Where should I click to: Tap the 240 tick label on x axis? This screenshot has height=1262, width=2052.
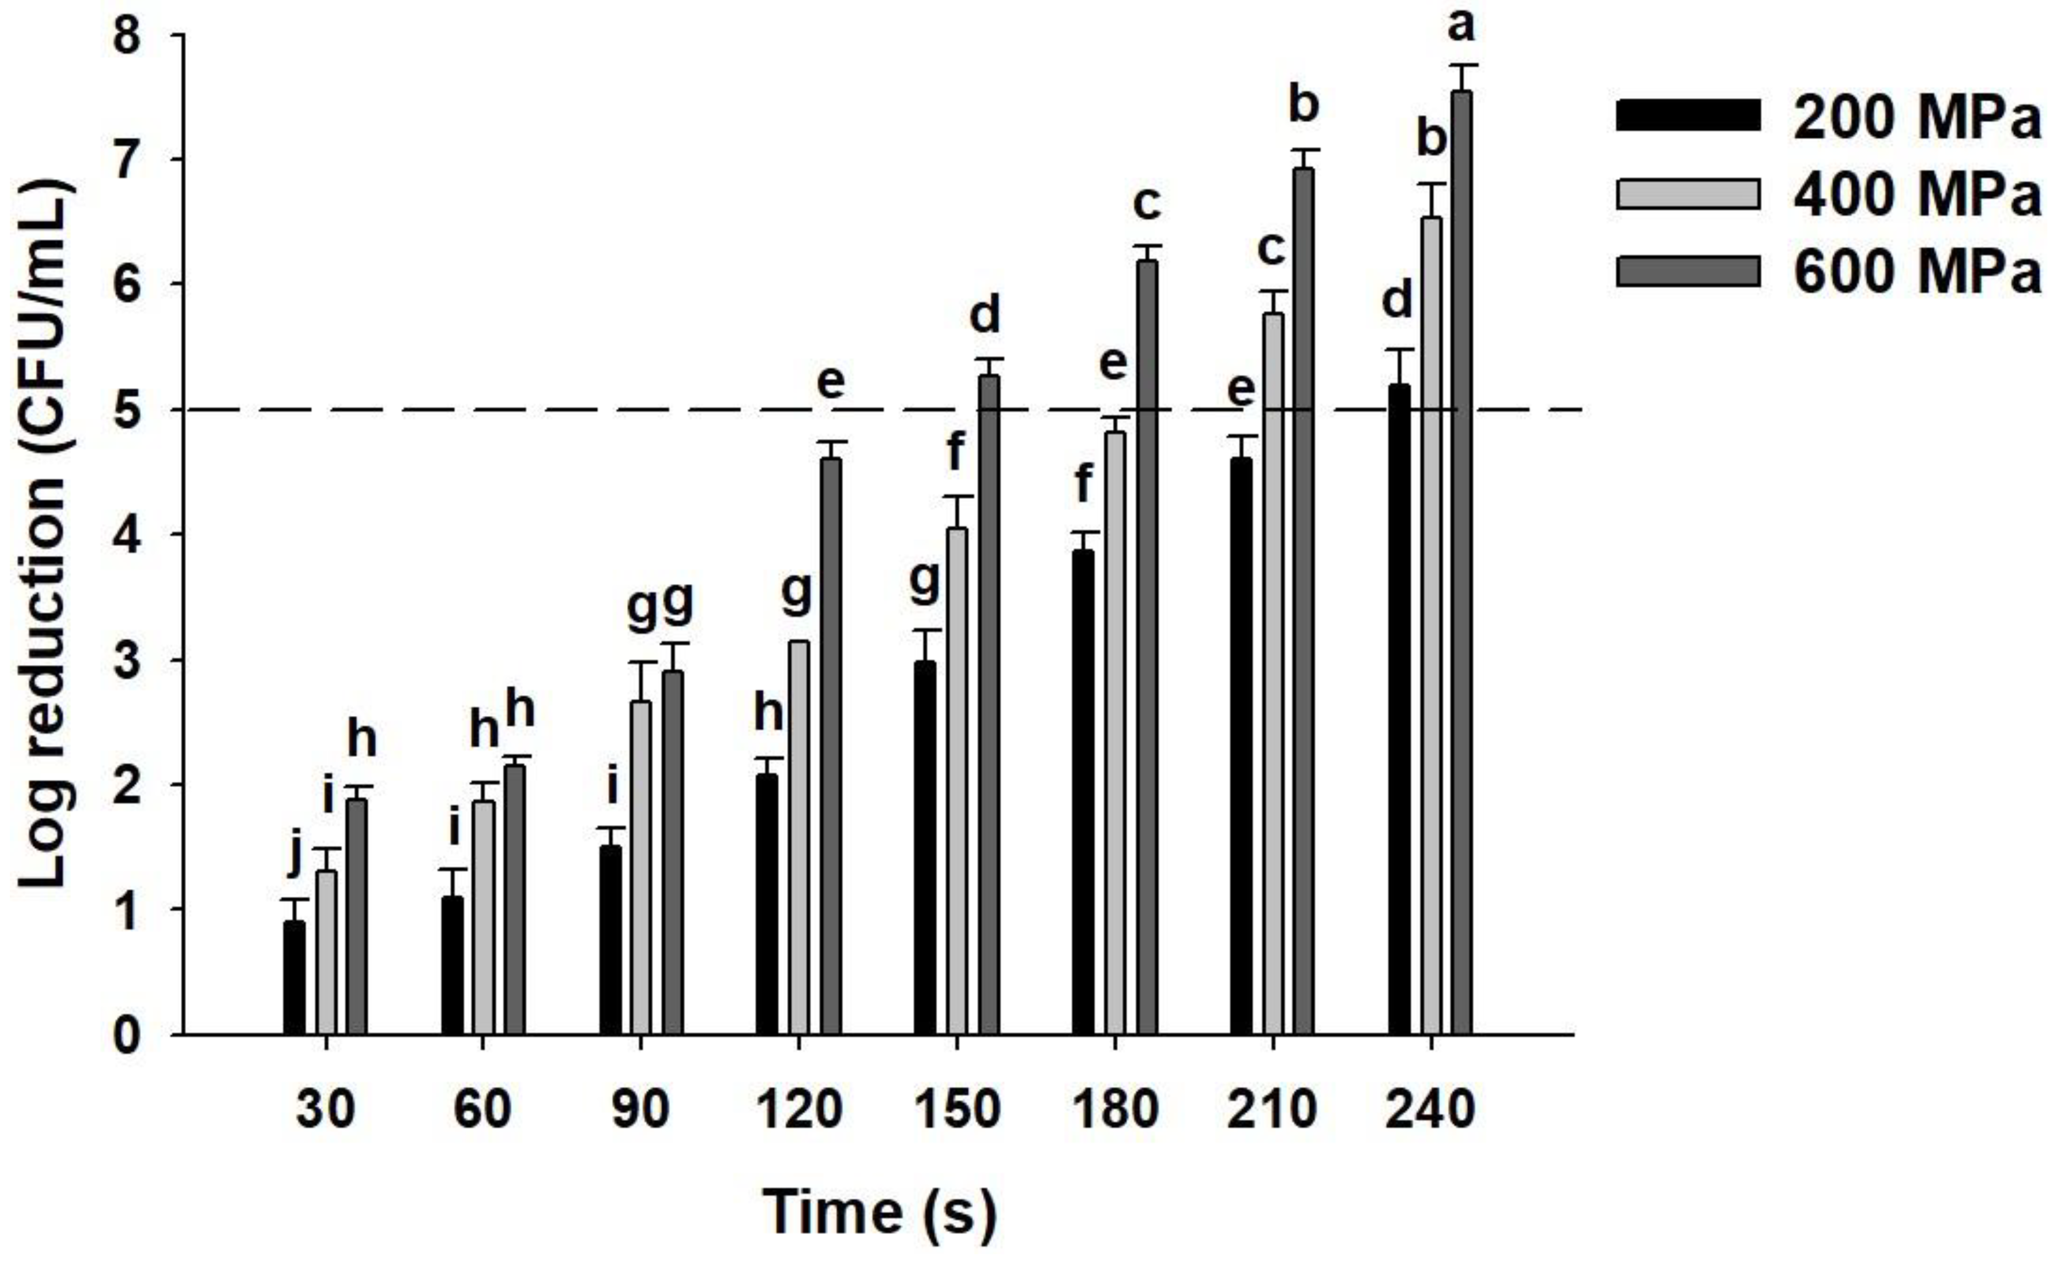[1430, 1111]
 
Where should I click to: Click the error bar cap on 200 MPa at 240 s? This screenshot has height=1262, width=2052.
[1398, 350]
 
